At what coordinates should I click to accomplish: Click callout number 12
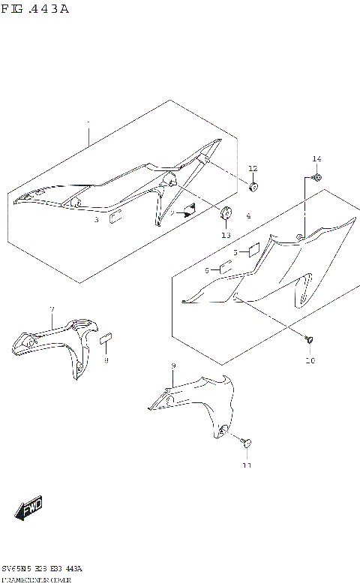[253, 168]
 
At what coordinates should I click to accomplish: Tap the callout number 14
[316, 158]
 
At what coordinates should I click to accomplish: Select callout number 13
[225, 235]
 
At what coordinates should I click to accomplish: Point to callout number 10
[310, 360]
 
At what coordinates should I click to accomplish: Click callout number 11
[247, 465]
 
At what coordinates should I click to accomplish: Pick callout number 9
[173, 366]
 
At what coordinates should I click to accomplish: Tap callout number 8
[106, 360]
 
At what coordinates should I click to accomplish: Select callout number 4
[248, 216]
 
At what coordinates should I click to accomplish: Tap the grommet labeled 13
[225, 215]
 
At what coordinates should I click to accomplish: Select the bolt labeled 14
[316, 177]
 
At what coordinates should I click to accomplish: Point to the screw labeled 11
[247, 444]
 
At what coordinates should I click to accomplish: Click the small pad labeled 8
[106, 339]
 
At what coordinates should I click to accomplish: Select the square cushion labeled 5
[253, 249]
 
